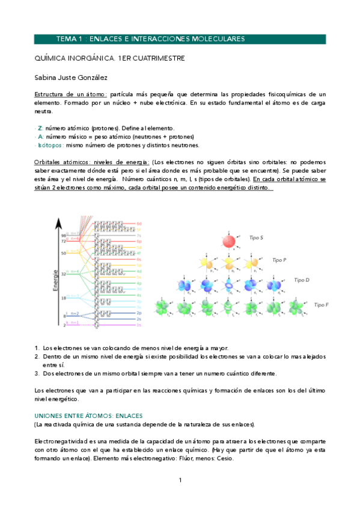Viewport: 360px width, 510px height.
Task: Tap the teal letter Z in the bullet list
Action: [x=40, y=129]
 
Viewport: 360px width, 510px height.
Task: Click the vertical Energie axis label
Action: [x=55, y=281]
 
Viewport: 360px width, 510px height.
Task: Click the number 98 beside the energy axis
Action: [x=63, y=235]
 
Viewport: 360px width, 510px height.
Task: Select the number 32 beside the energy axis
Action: [x=63, y=274]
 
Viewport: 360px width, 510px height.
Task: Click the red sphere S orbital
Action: [x=229, y=241]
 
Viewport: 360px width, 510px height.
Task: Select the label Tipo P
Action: [x=279, y=260]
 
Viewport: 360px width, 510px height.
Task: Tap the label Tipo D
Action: [x=302, y=280]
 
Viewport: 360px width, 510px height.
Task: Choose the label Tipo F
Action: [x=322, y=305]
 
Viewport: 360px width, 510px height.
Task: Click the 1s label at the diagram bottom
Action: [x=139, y=325]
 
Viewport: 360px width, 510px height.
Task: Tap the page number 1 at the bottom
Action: [x=180, y=480]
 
